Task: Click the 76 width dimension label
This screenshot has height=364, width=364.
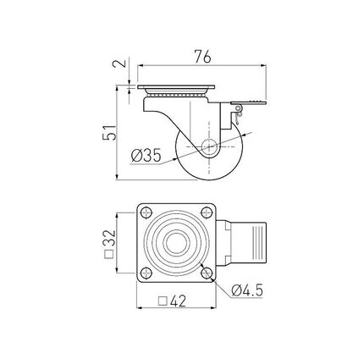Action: point(202,58)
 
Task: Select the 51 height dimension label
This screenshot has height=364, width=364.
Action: point(109,132)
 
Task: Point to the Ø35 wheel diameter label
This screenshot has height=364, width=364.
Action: point(146,155)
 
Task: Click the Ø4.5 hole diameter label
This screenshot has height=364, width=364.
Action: point(247,290)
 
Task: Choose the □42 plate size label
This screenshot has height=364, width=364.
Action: point(172,301)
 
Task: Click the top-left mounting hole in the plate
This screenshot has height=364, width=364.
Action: point(146,212)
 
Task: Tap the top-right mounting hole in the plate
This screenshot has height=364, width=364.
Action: point(207,212)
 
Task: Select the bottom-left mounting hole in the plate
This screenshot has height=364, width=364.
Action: point(146,273)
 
